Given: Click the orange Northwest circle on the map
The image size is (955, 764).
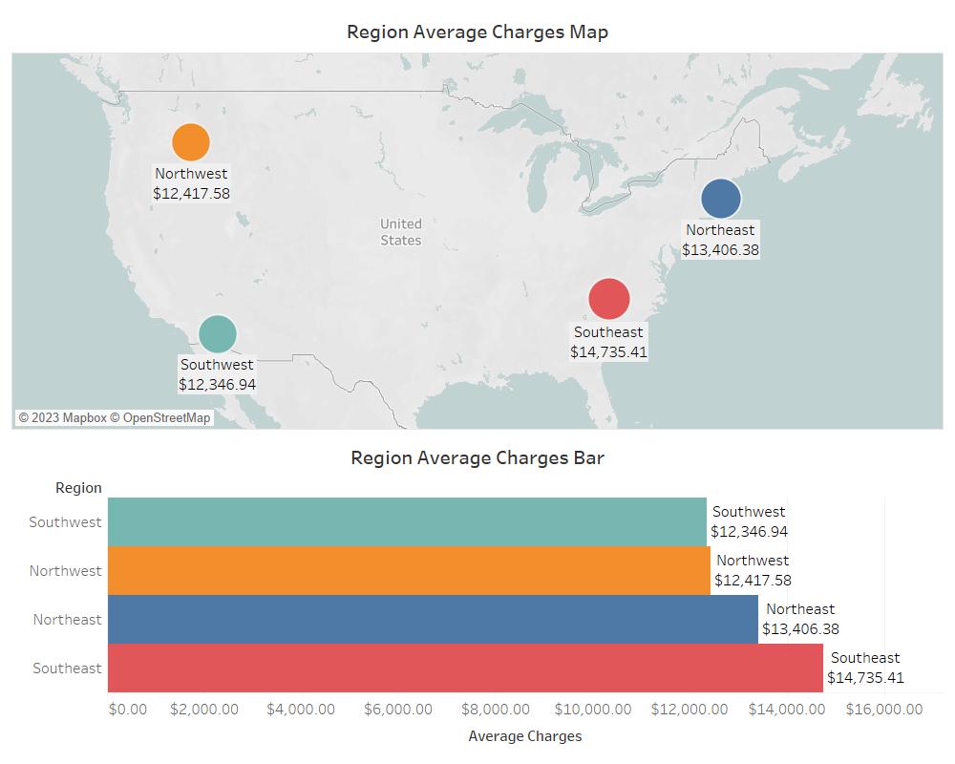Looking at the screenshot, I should click(191, 142).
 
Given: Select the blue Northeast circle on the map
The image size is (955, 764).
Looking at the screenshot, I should click(721, 199).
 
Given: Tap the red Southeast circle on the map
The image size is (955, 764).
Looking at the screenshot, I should click(609, 299).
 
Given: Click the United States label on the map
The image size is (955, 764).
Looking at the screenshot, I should click(401, 232).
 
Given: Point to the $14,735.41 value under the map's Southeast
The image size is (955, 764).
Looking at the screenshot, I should click(609, 352).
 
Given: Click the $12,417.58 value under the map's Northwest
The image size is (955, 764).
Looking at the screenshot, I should click(191, 194).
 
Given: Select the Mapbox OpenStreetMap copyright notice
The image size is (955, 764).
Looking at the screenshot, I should click(115, 417).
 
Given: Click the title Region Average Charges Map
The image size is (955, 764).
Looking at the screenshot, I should click(477, 32).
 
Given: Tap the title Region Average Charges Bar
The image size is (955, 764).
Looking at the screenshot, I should click(477, 457).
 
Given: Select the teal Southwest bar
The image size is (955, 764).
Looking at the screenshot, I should click(407, 522).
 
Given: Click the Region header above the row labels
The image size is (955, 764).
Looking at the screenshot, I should click(78, 488).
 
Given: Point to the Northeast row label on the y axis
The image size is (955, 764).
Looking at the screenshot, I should click(67, 620).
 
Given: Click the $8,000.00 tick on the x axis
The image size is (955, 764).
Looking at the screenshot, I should click(496, 710).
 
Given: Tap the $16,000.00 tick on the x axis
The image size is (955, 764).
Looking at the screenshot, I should click(884, 710).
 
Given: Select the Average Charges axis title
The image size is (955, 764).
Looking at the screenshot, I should click(525, 736).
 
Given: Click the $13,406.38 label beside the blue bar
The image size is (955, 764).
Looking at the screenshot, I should click(800, 629).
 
